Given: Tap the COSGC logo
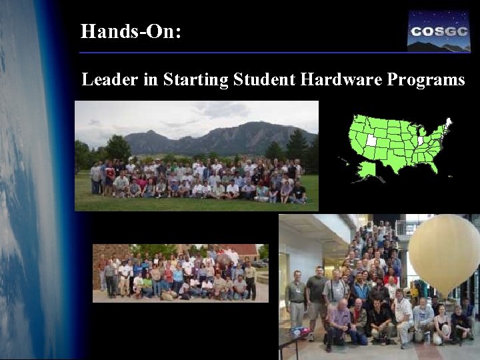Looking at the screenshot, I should click(438, 31).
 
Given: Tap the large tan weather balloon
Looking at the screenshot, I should click(444, 247).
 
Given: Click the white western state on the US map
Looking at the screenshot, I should click(371, 140).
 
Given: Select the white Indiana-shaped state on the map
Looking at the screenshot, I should click(420, 141).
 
